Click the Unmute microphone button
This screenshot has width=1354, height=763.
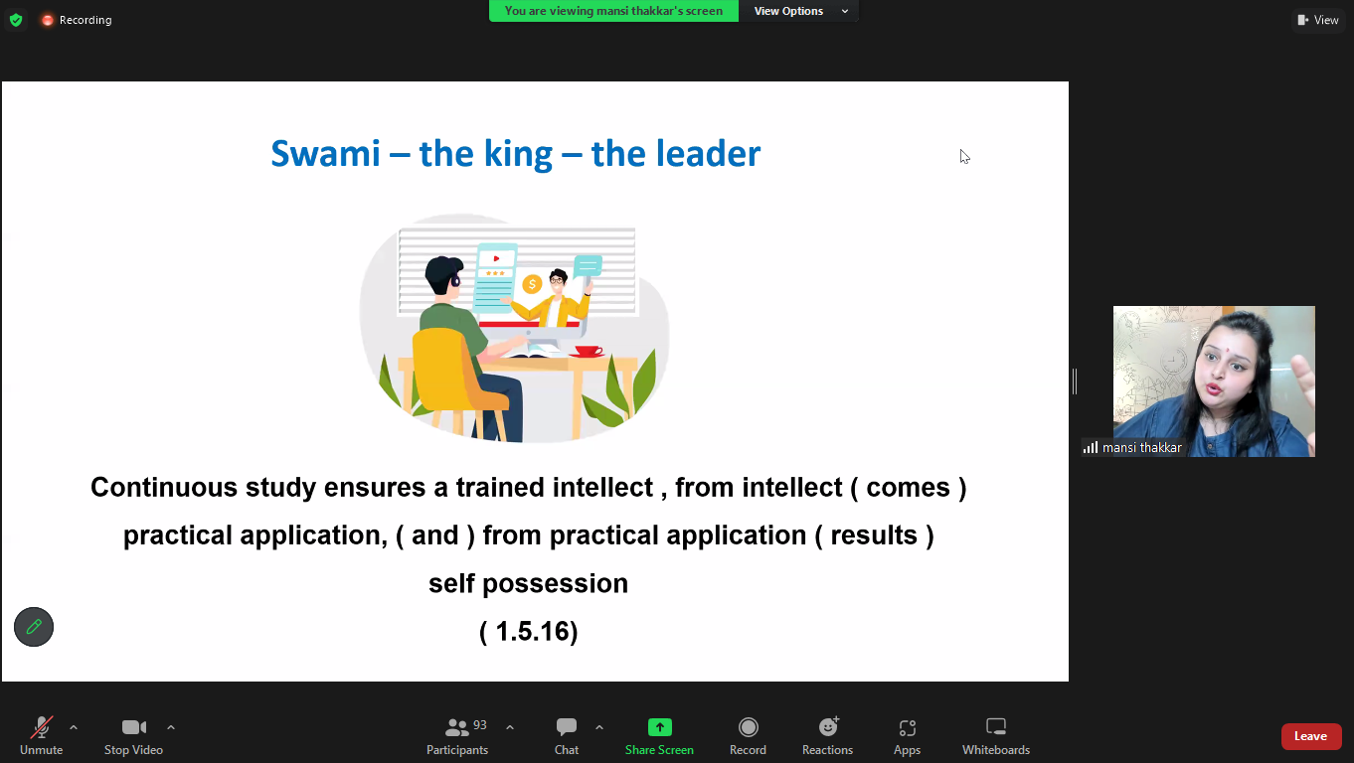click(x=41, y=736)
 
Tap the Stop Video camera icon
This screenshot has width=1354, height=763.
click(x=133, y=727)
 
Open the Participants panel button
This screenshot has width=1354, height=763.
click(x=457, y=736)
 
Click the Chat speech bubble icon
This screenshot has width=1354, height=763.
click(x=567, y=727)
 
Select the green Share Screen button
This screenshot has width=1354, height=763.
click(x=659, y=736)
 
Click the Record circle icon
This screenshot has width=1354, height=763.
click(x=749, y=727)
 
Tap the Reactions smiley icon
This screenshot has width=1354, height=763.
click(x=828, y=727)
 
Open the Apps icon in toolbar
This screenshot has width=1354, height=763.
click(x=908, y=728)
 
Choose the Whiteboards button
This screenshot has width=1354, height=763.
click(x=996, y=736)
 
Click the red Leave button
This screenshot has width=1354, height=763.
click(x=1311, y=736)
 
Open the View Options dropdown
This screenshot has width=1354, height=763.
click(x=798, y=11)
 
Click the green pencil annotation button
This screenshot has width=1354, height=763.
click(x=34, y=627)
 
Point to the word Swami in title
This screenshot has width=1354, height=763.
click(x=326, y=154)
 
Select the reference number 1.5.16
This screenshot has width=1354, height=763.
click(x=528, y=632)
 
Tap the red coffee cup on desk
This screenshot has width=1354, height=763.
click(x=588, y=351)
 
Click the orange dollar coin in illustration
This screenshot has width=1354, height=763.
click(x=532, y=284)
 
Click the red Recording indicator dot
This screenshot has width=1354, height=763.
click(x=47, y=20)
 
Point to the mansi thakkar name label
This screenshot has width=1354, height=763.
click(x=1141, y=448)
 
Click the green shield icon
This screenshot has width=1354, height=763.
click(x=16, y=20)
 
